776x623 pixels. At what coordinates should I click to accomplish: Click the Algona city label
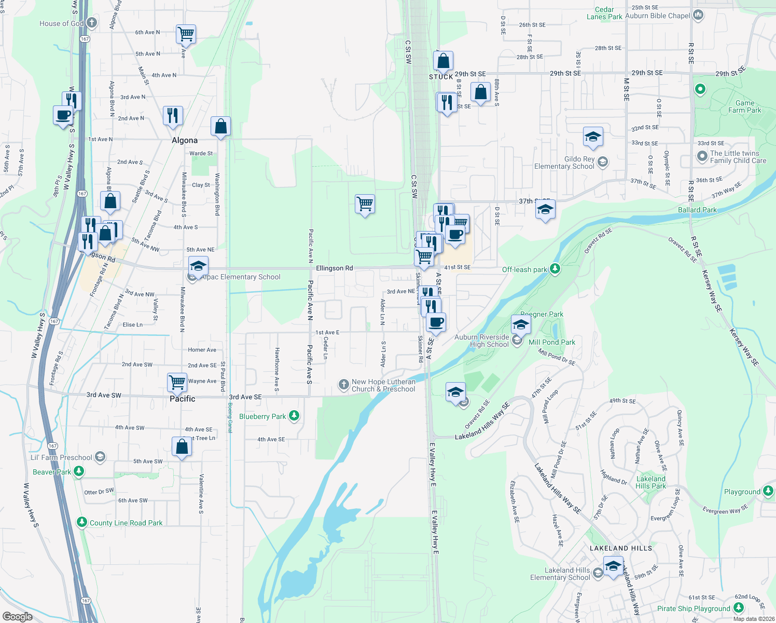pyautogui.click(x=185, y=140)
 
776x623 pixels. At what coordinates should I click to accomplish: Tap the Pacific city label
pyautogui.click(x=183, y=399)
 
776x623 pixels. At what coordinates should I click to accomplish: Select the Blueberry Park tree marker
pyautogui.click(x=294, y=415)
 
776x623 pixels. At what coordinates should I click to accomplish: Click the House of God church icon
pyautogui.click(x=92, y=22)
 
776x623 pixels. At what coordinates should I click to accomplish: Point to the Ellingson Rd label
pyautogui.click(x=334, y=268)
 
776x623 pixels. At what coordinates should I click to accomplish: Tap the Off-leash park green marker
pyautogui.click(x=555, y=268)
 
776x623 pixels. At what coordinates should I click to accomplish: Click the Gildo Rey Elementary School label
pyautogui.click(x=564, y=162)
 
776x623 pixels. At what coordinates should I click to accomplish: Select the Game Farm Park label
pyautogui.click(x=744, y=106)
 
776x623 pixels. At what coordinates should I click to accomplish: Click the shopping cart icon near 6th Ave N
pyautogui.click(x=186, y=34)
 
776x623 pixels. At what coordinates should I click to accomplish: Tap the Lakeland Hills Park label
pyautogui.click(x=650, y=482)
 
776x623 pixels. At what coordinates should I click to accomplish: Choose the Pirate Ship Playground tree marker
pyautogui.click(x=739, y=608)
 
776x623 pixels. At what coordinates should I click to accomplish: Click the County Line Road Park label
pyautogui.click(x=126, y=523)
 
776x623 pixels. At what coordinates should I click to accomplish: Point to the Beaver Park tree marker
pyautogui.click(x=79, y=471)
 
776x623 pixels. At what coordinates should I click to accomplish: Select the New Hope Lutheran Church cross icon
pyautogui.click(x=343, y=385)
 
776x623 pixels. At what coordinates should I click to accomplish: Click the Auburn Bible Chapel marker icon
pyautogui.click(x=698, y=15)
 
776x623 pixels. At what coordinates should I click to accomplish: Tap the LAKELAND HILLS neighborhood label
pyautogui.click(x=620, y=548)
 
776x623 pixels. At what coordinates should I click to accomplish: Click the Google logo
pyautogui.click(x=17, y=616)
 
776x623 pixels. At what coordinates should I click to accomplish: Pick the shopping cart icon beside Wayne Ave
pyautogui.click(x=177, y=382)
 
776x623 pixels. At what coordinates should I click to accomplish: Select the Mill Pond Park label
pyautogui.click(x=552, y=342)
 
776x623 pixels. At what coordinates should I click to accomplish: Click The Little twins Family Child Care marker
pyautogui.click(x=702, y=156)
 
